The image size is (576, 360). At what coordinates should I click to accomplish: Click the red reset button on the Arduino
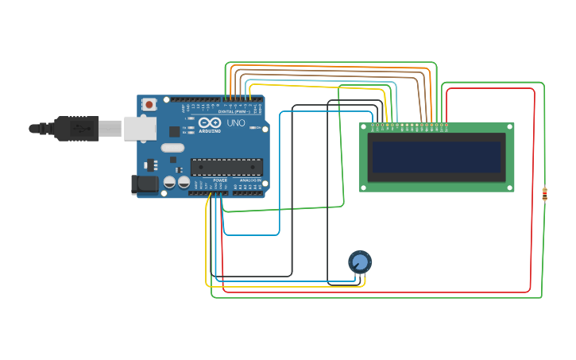[x=149, y=104]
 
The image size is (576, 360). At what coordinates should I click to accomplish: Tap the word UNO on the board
[x=236, y=124]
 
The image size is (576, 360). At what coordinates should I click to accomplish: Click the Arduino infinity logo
[x=210, y=124]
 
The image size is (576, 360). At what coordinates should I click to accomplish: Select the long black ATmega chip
[x=226, y=166]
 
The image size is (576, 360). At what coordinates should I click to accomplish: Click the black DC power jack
[x=144, y=184]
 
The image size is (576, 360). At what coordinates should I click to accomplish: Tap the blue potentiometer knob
[x=360, y=261]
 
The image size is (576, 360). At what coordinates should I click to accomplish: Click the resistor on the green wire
[x=544, y=193]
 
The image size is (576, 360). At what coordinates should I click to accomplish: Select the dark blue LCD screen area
[x=436, y=157]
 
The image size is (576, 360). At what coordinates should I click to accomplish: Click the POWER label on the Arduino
[x=220, y=180]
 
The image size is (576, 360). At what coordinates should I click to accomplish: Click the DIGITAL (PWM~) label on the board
[x=234, y=112]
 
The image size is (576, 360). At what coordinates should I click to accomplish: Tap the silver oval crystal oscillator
[x=172, y=147]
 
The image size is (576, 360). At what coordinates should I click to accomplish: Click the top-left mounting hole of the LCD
[x=364, y=127]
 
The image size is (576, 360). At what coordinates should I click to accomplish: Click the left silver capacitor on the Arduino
[x=169, y=182]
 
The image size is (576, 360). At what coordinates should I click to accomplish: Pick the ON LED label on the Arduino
[x=184, y=118]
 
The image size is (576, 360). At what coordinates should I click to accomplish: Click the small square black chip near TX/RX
[x=174, y=131]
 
